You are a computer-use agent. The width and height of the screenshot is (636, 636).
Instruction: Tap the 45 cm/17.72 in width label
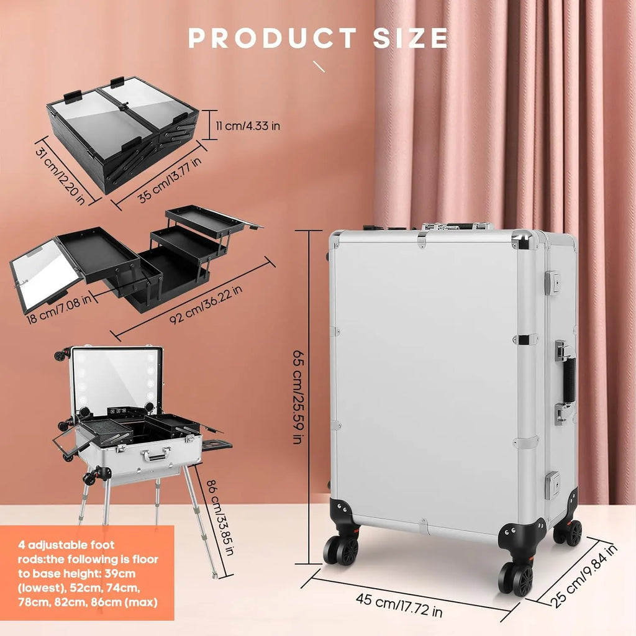(399, 607)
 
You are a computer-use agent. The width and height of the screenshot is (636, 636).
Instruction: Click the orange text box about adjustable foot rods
(87, 572)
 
